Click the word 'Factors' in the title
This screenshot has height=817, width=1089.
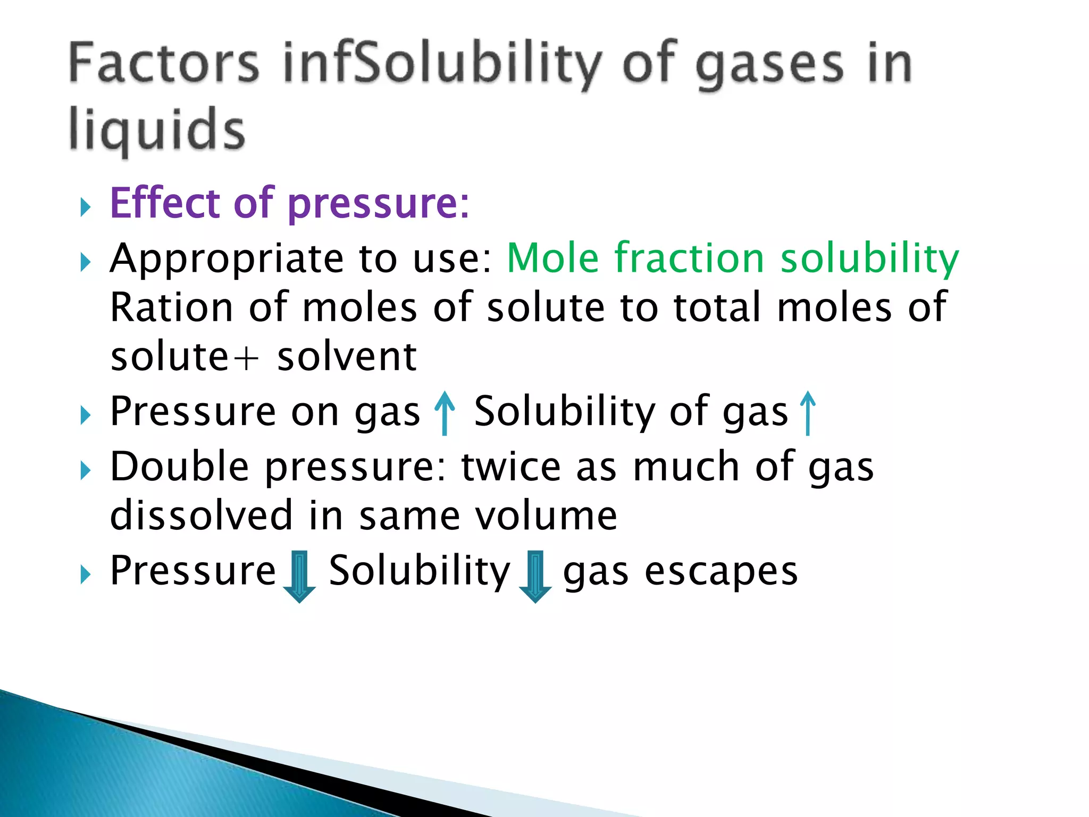click(164, 64)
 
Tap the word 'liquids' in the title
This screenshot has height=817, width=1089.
click(157, 129)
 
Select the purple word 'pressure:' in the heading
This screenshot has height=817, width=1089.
click(379, 204)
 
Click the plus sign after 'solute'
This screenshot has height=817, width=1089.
click(246, 358)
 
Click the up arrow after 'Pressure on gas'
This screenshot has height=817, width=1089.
click(445, 413)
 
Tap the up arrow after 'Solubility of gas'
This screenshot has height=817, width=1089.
click(808, 413)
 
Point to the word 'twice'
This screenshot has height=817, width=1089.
click(511, 466)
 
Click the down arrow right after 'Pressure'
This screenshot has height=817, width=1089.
click(299, 576)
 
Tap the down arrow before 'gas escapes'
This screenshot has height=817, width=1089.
click(535, 576)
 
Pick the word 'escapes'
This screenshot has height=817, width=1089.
click(721, 572)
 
